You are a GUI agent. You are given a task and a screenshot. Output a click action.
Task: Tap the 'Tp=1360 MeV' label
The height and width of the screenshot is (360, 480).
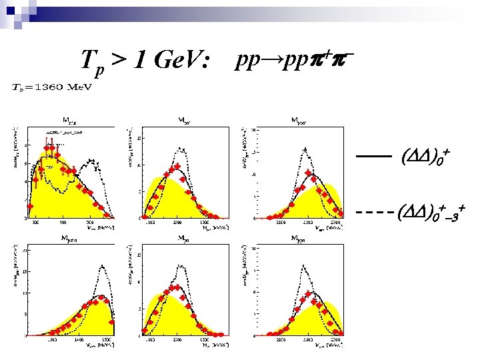coord(53,87)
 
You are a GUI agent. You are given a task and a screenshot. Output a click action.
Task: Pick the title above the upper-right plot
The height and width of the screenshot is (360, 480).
coord(302,121)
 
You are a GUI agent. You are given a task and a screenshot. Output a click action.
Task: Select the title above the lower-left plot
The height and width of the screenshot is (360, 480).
coord(70,237)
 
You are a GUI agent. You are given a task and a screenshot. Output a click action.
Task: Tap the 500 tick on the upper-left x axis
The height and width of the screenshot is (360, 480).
coord(89,223)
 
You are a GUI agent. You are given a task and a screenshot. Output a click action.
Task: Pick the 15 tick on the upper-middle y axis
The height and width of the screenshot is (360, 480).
coord(139,139)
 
